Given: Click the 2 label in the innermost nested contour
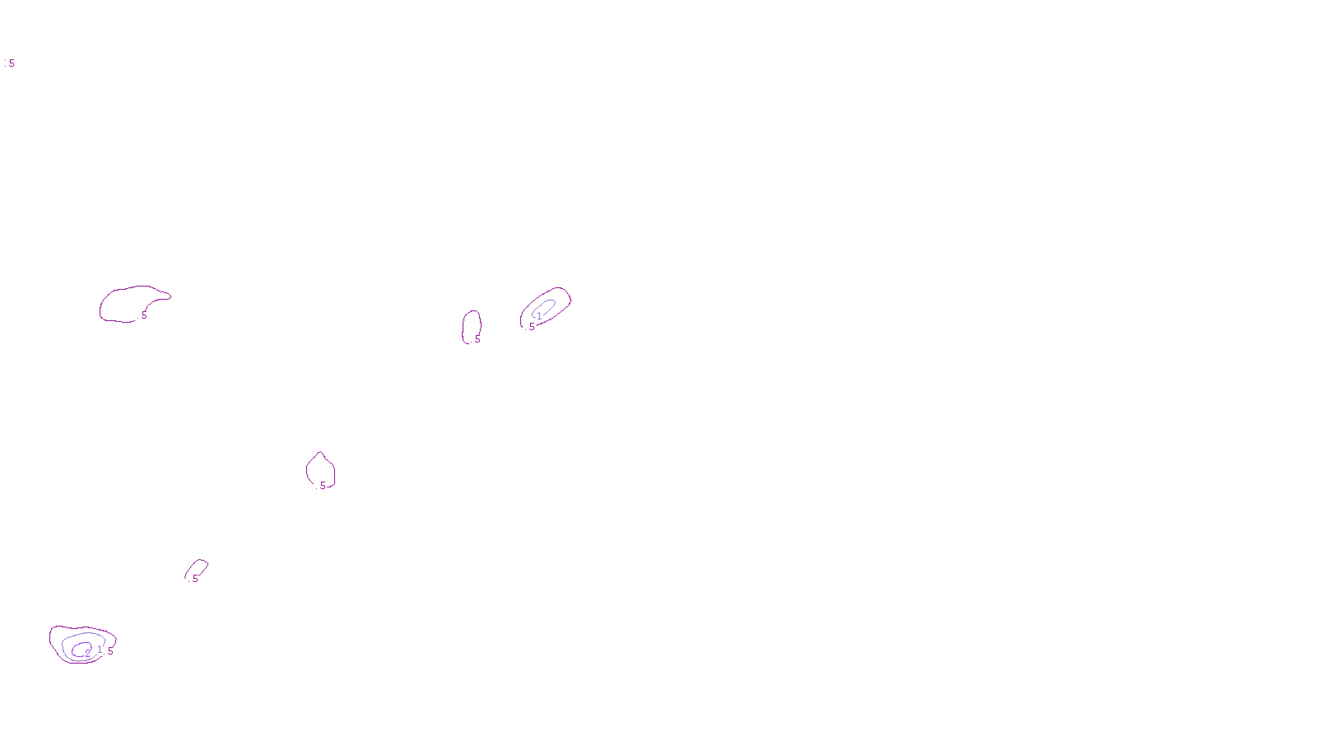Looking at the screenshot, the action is tap(88, 654).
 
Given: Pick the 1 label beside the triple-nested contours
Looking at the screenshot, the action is tap(100, 650).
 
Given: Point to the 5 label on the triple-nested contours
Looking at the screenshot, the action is tap(110, 651).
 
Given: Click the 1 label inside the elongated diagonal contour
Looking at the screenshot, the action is tap(539, 315).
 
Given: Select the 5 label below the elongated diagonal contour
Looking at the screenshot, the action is tap(532, 327).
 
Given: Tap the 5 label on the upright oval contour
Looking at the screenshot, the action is tap(477, 338).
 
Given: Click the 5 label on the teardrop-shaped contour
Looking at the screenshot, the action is tap(323, 486).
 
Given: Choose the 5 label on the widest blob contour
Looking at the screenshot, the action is tap(144, 315).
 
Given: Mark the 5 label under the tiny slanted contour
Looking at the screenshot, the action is tap(195, 579).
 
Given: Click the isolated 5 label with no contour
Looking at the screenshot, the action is tap(12, 63).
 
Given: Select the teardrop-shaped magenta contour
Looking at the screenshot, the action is tap(307, 471).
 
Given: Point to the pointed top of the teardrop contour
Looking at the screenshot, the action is tap(320, 453).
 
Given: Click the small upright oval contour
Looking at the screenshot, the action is tap(463, 326).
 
